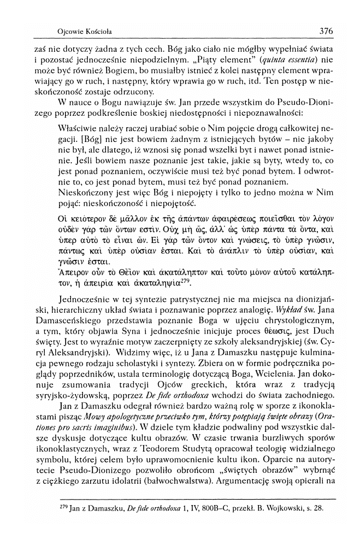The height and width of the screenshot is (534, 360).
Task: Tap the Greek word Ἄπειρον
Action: [x=72, y=274]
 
